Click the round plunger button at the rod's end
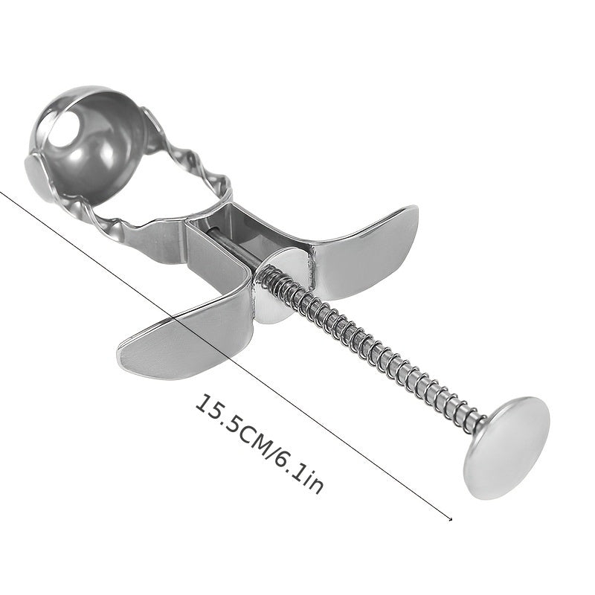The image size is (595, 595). click(506, 448)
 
